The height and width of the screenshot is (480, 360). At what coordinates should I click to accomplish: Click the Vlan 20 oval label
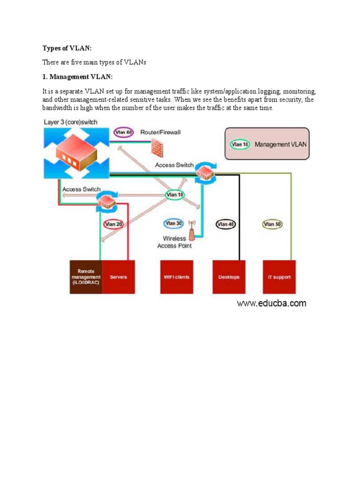113,224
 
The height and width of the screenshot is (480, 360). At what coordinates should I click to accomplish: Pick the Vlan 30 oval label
173,224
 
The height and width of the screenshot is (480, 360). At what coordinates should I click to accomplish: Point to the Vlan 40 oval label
225,225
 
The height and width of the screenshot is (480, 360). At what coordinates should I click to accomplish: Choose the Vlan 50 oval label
272,225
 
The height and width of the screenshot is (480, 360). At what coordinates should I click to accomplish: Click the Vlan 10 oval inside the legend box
240,144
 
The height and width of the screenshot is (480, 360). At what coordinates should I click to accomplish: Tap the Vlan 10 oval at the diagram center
175,195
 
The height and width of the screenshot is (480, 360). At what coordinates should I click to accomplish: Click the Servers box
118,277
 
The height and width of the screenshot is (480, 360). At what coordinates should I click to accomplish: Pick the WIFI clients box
177,277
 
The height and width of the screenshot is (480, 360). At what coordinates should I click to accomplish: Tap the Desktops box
229,277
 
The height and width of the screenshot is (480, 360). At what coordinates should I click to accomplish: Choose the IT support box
279,277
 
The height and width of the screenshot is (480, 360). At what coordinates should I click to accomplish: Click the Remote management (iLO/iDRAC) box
86,277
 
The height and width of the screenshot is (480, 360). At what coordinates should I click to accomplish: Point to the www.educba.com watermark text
271,303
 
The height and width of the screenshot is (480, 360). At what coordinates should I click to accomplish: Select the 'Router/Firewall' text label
160,133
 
